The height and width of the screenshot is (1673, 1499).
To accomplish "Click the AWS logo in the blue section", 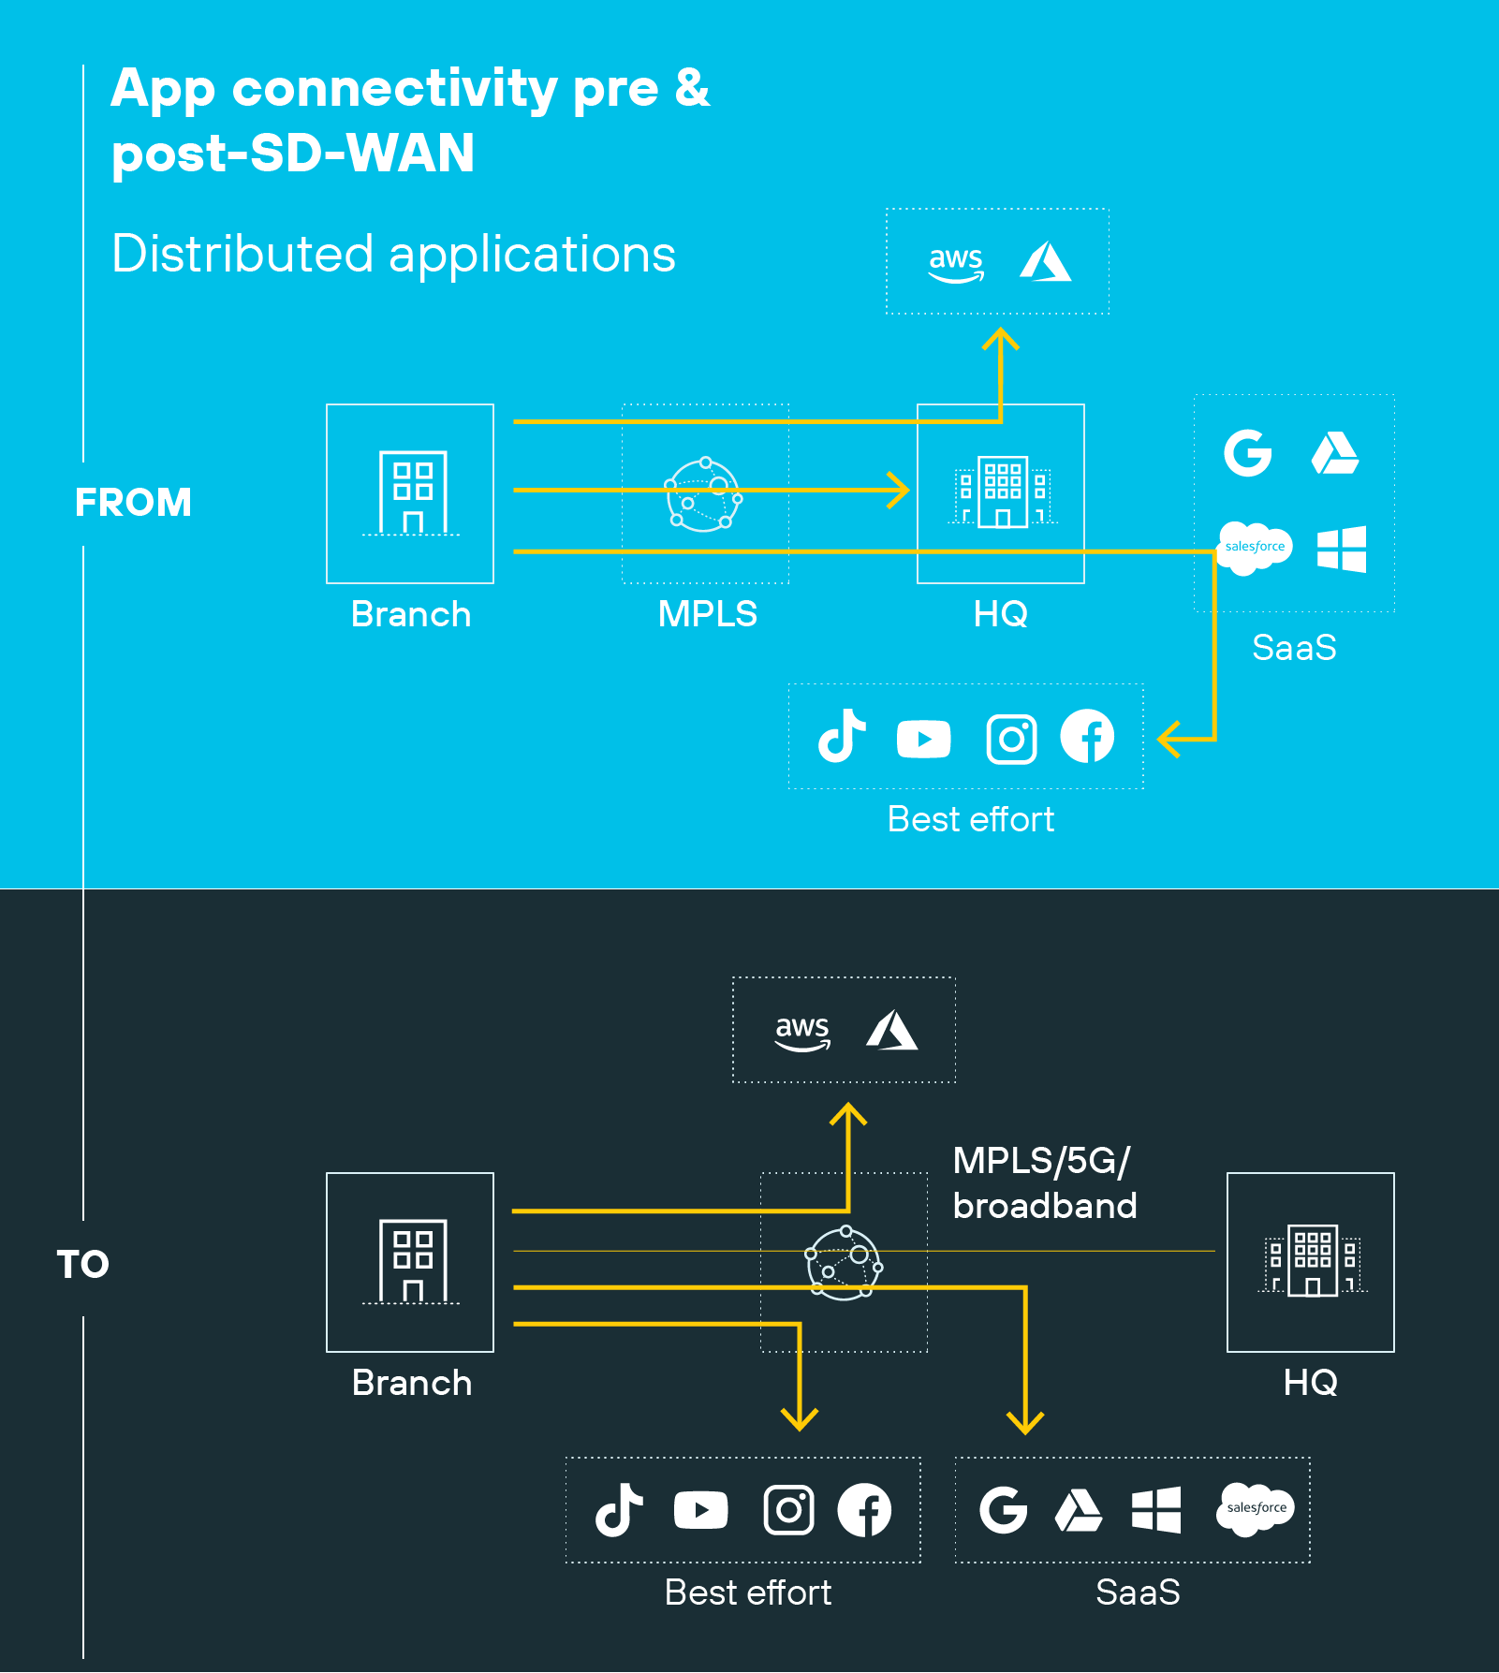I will pyautogui.click(x=955, y=262).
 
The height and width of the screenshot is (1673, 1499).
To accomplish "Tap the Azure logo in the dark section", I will pyautogui.click(x=891, y=1031).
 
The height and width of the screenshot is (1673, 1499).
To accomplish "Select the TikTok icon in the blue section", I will pyautogui.click(x=842, y=736).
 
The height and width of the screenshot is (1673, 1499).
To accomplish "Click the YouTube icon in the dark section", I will pyautogui.click(x=700, y=1509).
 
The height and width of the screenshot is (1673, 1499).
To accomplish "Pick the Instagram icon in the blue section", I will pyautogui.click(x=1011, y=739).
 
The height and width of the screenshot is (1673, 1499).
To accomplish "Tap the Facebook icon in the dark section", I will pyautogui.click(x=863, y=1509).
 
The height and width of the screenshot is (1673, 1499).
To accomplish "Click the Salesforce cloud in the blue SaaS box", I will pyautogui.click(x=1254, y=547).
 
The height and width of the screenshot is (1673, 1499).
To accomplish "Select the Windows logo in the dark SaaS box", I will pyautogui.click(x=1155, y=1509).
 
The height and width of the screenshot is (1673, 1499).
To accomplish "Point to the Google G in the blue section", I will pyautogui.click(x=1248, y=453).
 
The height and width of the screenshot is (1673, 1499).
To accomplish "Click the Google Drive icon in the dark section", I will pyautogui.click(x=1079, y=1510).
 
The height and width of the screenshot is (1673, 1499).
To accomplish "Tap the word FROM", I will pyautogui.click(x=133, y=503).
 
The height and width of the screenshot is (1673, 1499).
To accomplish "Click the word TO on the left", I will pyautogui.click(x=82, y=1265).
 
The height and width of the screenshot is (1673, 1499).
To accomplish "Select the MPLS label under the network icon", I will pyautogui.click(x=707, y=614).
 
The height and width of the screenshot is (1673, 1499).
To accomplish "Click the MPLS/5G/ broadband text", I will pyautogui.click(x=1044, y=1183).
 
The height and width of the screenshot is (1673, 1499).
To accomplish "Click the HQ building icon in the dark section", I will pyautogui.click(x=1311, y=1260).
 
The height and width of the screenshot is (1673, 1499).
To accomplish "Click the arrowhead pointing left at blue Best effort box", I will pyautogui.click(x=1168, y=739).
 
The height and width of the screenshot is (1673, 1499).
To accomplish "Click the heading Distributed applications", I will pyautogui.click(x=393, y=255).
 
